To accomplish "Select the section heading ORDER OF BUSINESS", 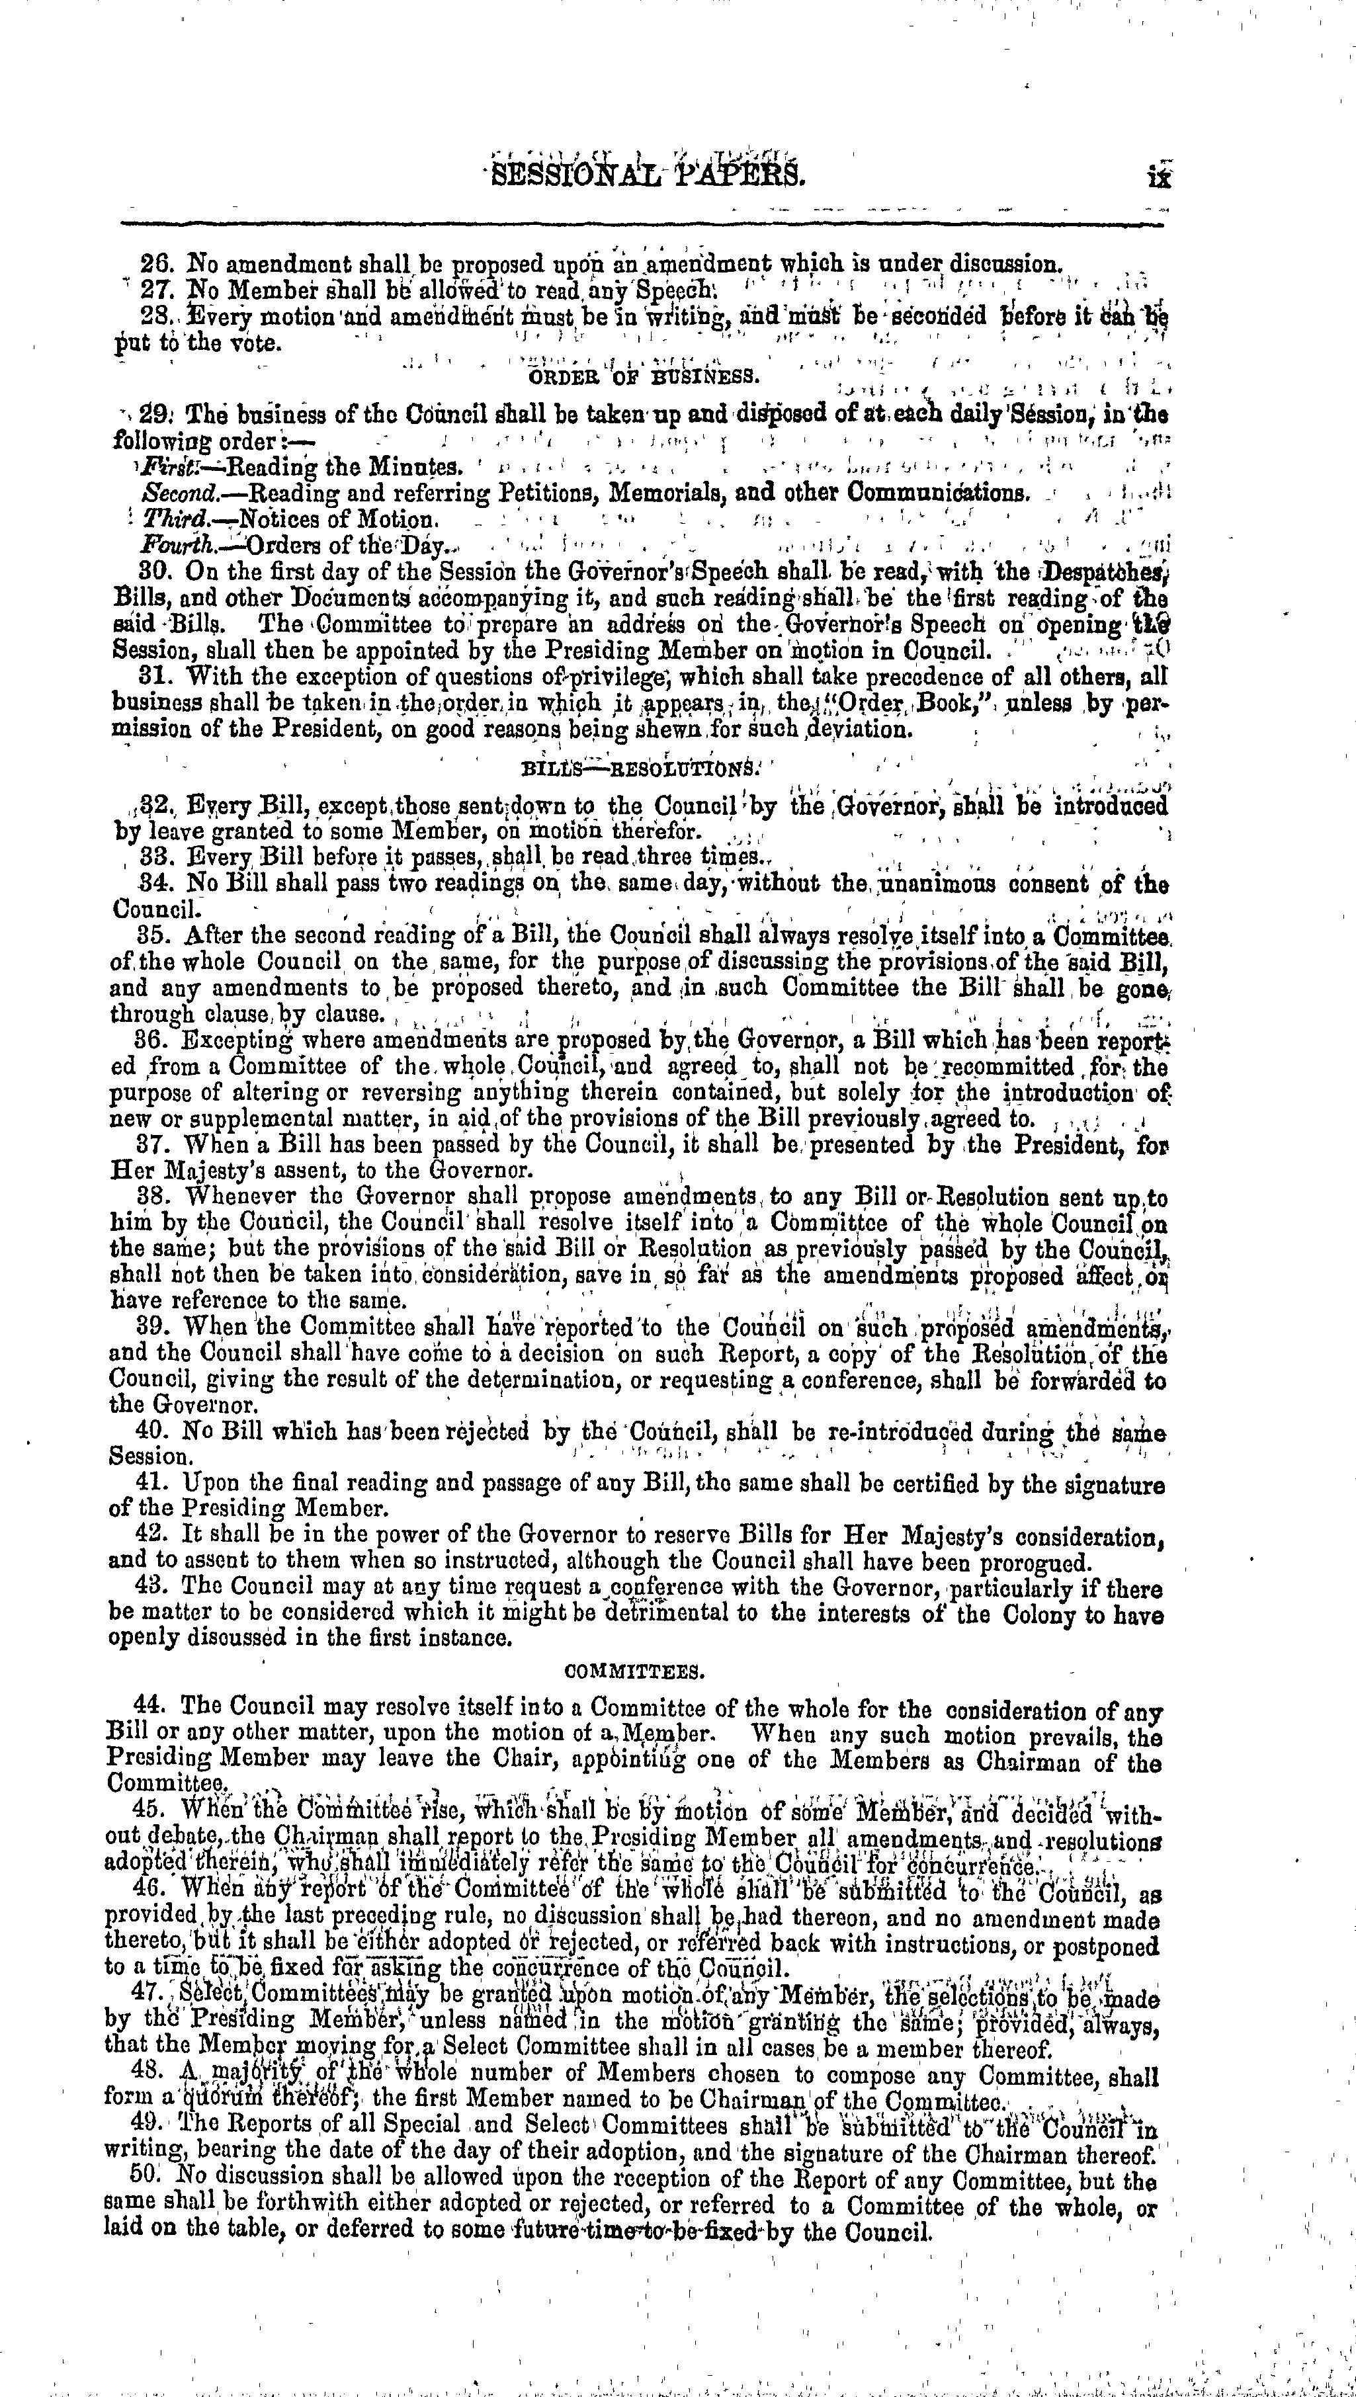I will [x=644, y=377].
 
